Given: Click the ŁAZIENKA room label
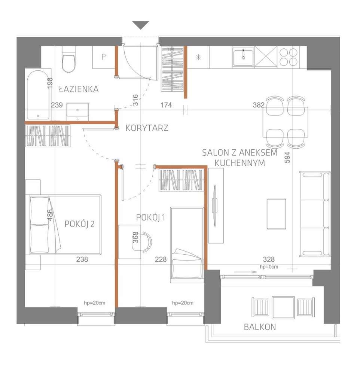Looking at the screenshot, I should (x=79, y=89).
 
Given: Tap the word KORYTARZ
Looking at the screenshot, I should (x=147, y=128).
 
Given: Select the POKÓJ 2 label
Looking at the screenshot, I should (x=79, y=224).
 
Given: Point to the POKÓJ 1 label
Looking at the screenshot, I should (x=150, y=217).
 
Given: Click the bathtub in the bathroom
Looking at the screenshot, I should (x=39, y=94).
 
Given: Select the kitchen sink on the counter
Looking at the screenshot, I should (x=242, y=57).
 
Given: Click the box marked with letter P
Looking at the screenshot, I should (x=103, y=57).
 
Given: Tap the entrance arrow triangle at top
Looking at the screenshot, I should (x=141, y=25).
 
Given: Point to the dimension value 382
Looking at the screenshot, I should (x=259, y=105).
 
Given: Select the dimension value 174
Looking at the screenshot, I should (x=166, y=105).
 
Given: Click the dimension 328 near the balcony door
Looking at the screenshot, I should (x=269, y=259).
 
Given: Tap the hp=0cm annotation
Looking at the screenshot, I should (x=269, y=267).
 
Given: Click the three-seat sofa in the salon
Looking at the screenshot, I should (x=315, y=214).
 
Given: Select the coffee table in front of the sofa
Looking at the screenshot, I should (x=277, y=214).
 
